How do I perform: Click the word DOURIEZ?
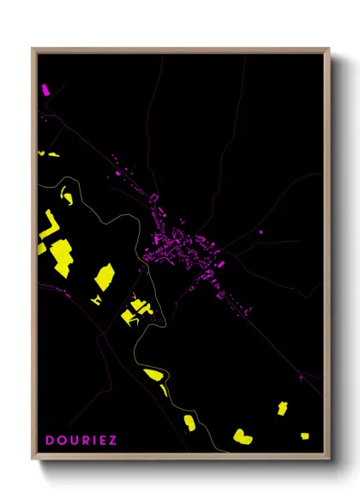coord(81,441)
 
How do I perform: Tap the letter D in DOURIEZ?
coord(49,441)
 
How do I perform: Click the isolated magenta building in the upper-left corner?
coord(45,88)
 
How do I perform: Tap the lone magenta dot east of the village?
coord(261,231)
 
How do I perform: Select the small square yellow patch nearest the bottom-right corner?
coord(304,435)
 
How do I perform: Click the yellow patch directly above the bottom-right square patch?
coord(282,408)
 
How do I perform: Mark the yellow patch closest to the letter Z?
coord(189,423)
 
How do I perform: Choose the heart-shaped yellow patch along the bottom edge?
coord(243,436)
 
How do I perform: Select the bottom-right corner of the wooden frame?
coord(329,463)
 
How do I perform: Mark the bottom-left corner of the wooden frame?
coord(33,463)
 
